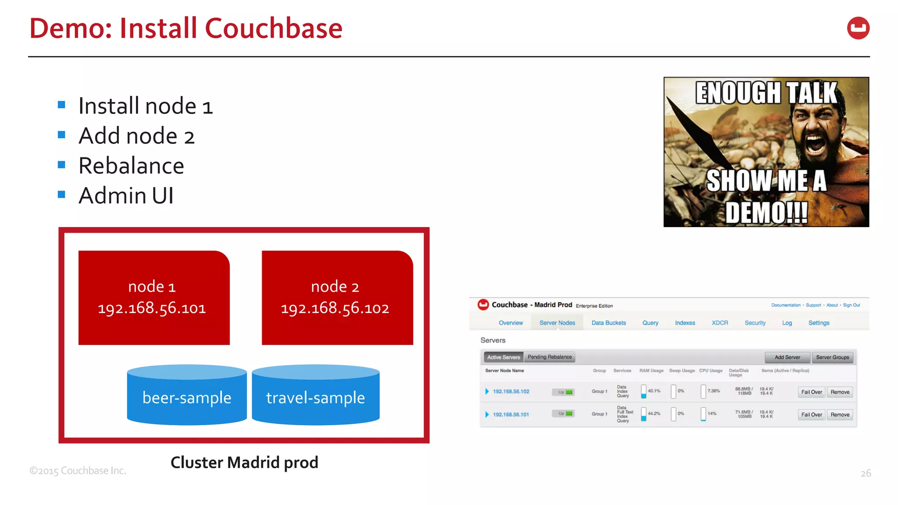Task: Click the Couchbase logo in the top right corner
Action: (x=858, y=28)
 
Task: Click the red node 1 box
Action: (x=154, y=298)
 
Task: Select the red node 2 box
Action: (x=337, y=298)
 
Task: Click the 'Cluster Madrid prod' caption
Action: (x=244, y=462)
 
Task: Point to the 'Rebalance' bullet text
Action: (x=131, y=166)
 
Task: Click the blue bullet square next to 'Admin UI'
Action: (x=61, y=194)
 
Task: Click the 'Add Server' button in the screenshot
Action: (x=787, y=357)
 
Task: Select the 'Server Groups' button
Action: (x=832, y=357)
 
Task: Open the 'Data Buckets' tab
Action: (x=609, y=323)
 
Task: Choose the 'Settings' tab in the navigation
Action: (x=819, y=323)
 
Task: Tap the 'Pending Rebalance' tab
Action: (x=549, y=357)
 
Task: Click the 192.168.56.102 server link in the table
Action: (x=511, y=391)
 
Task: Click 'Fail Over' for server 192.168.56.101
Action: (x=811, y=415)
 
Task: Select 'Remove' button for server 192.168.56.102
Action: (x=840, y=392)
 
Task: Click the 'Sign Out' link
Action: (x=851, y=305)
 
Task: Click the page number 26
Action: (x=866, y=473)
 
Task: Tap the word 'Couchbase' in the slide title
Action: (x=273, y=28)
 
